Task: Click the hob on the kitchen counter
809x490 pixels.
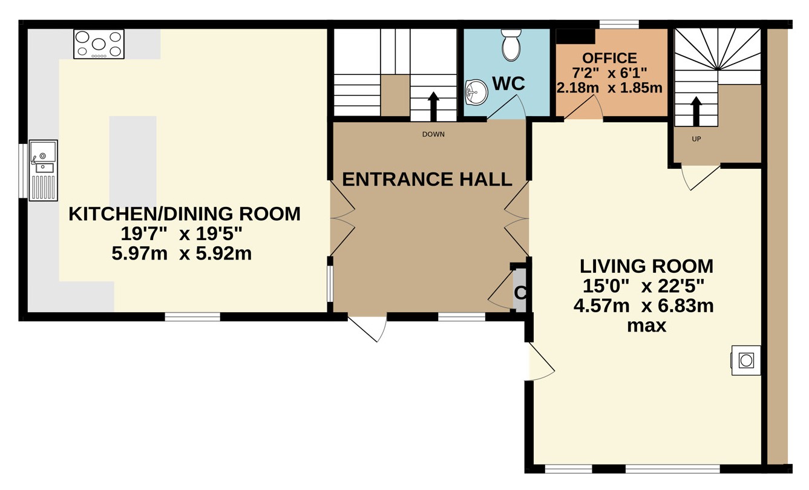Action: point(99,44)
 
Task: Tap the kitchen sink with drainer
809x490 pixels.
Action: point(44,171)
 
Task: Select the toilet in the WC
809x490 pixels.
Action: point(511,45)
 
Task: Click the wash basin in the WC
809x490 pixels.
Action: point(476,93)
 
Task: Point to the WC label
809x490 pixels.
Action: point(508,84)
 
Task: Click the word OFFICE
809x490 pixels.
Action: point(610,58)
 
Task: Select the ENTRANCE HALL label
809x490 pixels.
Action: point(427,180)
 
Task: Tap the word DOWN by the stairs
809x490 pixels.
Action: point(433,134)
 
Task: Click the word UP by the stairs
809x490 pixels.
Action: point(696,139)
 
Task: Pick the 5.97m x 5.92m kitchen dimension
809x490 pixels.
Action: point(182,253)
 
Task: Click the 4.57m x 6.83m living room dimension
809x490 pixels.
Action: point(644,306)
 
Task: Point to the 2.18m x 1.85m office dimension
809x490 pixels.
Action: point(609,88)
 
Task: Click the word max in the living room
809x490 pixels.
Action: point(646,326)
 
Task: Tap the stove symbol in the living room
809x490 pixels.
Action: point(746,360)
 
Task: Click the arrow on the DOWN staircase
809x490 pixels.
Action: point(433,106)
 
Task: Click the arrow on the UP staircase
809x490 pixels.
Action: point(696,111)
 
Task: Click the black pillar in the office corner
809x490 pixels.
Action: point(575,36)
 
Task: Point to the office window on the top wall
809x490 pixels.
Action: point(620,24)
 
